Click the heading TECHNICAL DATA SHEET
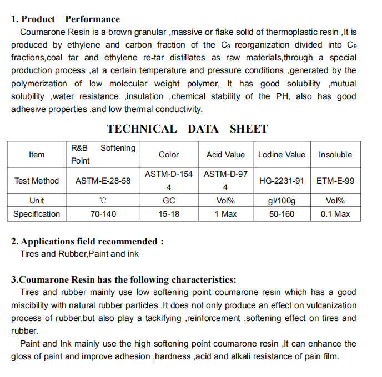187,129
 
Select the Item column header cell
37,155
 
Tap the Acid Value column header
225,155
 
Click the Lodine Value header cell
282,155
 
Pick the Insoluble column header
335,155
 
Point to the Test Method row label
37,181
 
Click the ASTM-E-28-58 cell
103,181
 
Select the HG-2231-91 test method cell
282,181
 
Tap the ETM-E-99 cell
335,181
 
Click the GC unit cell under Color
169,201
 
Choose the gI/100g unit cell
282,201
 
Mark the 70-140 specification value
103,214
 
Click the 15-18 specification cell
169,214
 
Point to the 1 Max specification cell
225,214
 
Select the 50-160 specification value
282,214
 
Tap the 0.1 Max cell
335,214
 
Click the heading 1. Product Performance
66,19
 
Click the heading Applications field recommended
88,242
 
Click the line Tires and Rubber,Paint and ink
79,254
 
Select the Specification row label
37,214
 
